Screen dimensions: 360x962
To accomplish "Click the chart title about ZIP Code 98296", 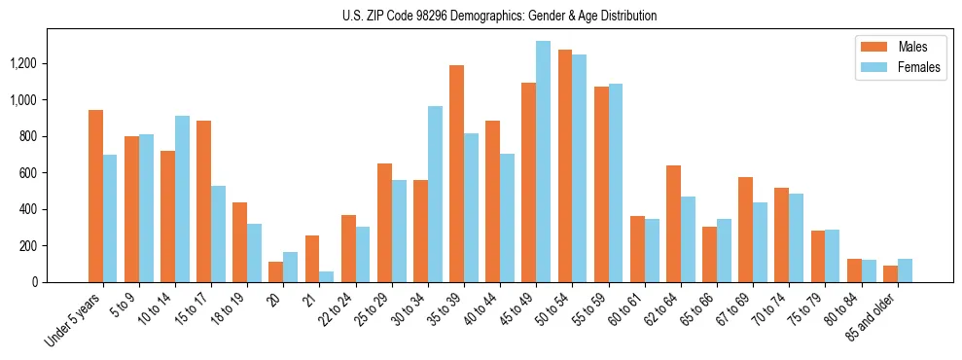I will point(500,16).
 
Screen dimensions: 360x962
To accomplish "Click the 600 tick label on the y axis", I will point(28,173).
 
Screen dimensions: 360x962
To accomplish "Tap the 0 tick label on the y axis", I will point(35,282).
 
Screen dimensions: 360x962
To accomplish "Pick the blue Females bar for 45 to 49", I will point(543,162).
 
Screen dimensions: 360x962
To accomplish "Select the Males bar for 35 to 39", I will point(456,174).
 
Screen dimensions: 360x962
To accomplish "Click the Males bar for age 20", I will point(276,271).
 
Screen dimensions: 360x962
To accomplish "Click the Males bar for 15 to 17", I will point(204,201).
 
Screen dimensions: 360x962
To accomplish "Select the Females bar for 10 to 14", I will point(182,199).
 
